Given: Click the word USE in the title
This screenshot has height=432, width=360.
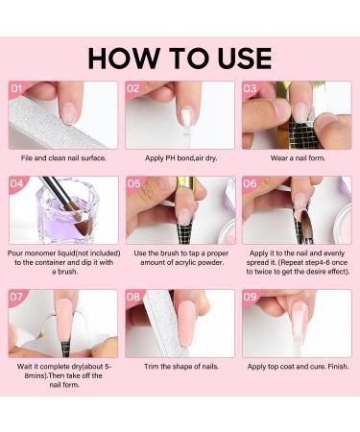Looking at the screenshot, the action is [245, 59].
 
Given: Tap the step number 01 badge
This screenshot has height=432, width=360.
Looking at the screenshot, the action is [16, 88].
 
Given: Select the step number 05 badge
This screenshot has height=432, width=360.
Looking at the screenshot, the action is [134, 183].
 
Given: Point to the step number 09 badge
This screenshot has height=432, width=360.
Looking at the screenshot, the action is [250, 297].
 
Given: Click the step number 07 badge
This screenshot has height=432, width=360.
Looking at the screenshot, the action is [16, 297].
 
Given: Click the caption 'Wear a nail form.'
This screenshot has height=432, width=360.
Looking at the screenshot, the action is [298, 157].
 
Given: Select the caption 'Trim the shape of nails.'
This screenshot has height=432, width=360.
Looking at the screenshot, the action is [181, 367].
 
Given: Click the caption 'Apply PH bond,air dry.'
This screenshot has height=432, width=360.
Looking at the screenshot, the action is [181, 158].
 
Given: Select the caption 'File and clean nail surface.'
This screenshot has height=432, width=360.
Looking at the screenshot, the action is [63, 157].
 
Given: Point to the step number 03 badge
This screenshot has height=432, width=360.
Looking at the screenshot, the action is [250, 88].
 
